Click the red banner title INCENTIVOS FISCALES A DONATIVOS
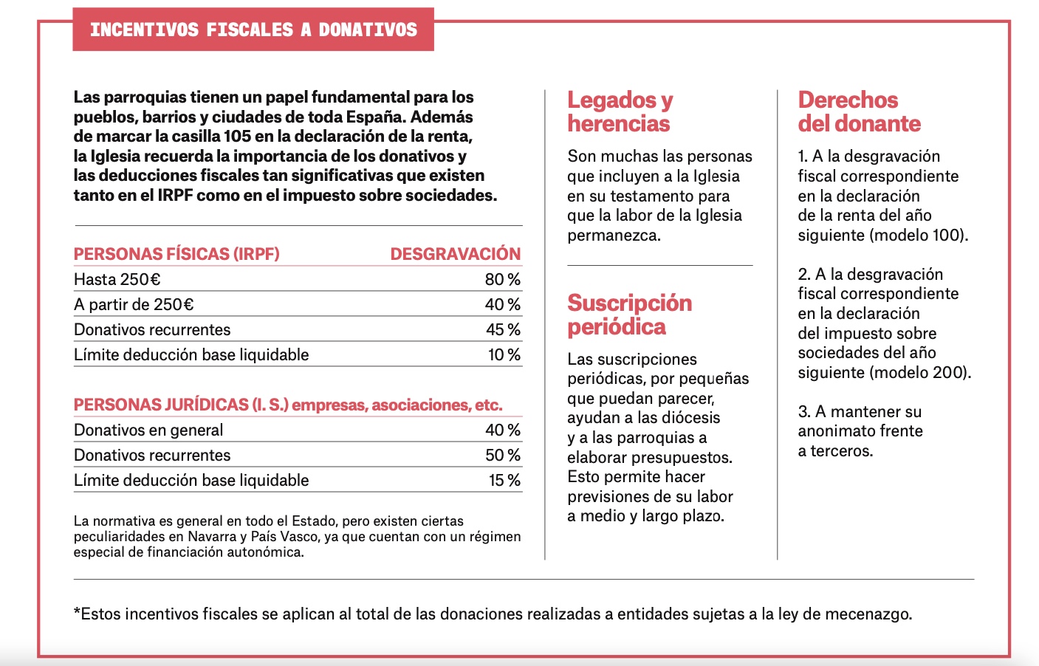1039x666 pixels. coord(253,30)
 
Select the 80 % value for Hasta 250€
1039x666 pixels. coord(503,279)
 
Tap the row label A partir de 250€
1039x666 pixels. coord(134,305)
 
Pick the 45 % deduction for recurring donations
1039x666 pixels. coord(504,330)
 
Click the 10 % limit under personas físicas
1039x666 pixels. coord(504,355)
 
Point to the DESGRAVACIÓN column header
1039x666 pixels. coord(456,254)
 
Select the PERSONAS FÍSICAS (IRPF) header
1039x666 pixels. coord(176,254)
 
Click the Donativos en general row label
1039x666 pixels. coord(148,430)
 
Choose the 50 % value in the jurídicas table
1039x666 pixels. coord(503,455)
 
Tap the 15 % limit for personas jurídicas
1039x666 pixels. coord(504,480)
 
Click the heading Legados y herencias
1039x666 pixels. coord(620,111)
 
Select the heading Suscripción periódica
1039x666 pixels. coord(630,315)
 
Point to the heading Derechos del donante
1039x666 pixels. coord(860,111)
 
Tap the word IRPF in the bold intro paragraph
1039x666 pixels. coord(175,195)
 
